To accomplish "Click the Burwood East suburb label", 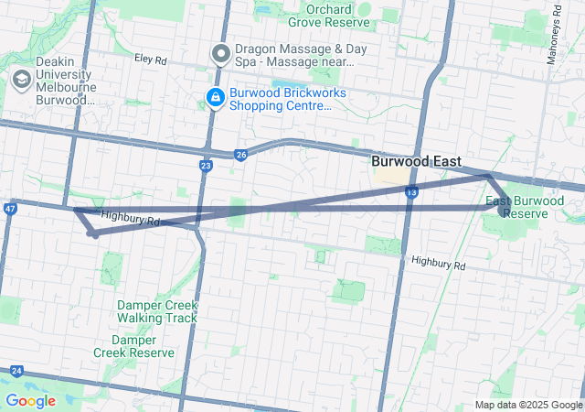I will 416,161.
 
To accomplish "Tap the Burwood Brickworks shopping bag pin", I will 215,96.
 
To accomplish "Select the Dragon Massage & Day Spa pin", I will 220,54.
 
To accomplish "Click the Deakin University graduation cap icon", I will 19,80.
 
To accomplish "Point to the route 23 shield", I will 207,166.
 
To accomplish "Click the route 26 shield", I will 240,156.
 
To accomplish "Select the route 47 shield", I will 10,209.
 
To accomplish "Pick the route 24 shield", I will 16,371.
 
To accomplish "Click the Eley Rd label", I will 150,60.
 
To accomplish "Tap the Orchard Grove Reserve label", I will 328,15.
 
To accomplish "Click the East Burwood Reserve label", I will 525,207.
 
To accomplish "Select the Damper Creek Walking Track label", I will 156,311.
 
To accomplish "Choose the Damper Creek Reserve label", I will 133,345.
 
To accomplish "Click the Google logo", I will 30,401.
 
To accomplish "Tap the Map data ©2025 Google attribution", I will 528,405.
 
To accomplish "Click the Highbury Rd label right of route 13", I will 439,264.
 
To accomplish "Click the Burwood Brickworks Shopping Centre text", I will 280,98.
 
